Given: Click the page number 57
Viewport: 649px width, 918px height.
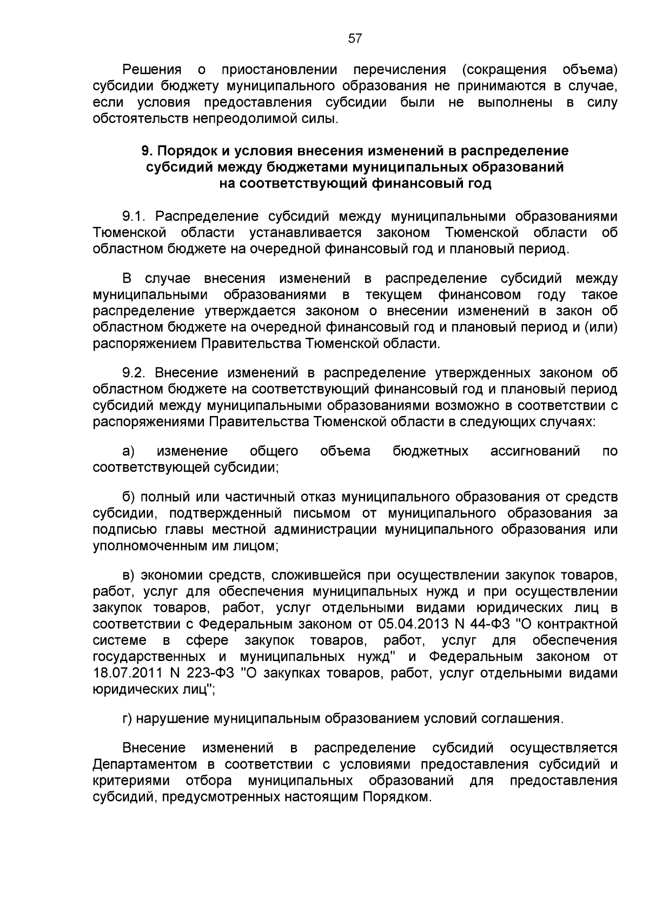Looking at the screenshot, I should (354, 38).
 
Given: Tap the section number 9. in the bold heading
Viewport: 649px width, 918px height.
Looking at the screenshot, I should (147, 150).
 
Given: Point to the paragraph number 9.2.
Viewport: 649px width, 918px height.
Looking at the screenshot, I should (135, 373).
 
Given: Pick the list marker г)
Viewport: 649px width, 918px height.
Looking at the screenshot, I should (128, 718).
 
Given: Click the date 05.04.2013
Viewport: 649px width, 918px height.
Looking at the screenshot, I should (410, 624).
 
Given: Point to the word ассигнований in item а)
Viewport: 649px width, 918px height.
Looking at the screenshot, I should (535, 451).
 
